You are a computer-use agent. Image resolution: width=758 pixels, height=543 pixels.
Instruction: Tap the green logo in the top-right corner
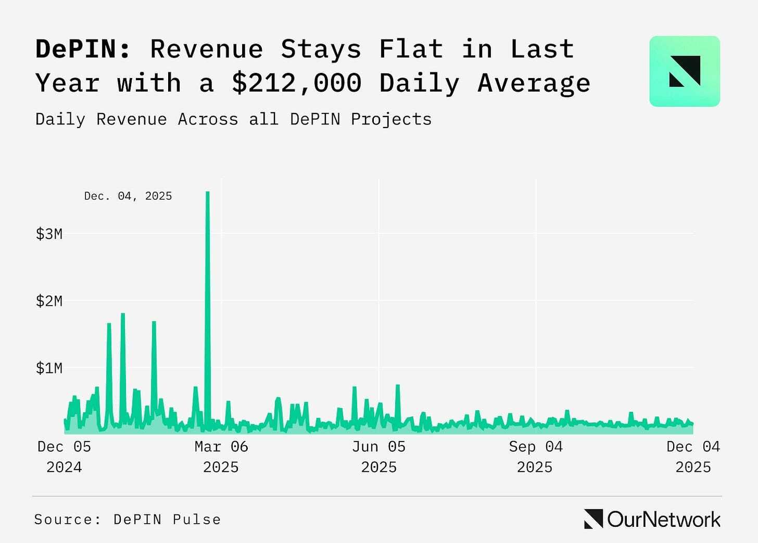tap(685, 71)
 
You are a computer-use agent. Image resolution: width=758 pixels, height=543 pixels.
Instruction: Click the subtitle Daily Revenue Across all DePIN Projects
tap(233, 119)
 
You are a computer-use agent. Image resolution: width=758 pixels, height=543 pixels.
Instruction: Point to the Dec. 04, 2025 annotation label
tap(128, 196)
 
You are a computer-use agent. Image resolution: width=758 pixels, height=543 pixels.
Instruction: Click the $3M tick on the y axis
tap(49, 234)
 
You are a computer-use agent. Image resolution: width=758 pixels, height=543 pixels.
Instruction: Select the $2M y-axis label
tap(49, 301)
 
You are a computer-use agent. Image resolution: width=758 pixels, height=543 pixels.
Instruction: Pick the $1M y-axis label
tap(49, 369)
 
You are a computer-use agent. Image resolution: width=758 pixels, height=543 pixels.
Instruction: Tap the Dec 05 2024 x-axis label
tap(64, 457)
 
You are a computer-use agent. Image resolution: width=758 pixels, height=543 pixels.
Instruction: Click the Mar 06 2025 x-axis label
tap(221, 457)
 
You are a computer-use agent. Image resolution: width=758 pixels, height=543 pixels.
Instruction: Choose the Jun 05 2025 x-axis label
tap(378, 457)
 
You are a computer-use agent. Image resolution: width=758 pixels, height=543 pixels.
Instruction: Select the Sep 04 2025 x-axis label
tap(536, 457)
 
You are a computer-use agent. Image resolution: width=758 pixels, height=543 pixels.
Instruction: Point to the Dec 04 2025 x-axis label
tap(693, 457)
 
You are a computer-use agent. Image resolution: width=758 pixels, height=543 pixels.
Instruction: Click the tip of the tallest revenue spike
tap(208, 193)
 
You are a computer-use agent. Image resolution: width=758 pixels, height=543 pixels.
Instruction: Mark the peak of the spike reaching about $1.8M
tap(123, 314)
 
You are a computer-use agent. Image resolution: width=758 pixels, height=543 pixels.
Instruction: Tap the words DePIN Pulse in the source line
tap(167, 520)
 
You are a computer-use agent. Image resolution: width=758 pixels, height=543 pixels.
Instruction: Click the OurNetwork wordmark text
tap(664, 520)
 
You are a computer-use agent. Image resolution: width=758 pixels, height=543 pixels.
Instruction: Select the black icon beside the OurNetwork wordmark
tap(593, 519)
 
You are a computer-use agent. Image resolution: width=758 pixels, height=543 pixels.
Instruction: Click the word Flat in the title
tap(411, 49)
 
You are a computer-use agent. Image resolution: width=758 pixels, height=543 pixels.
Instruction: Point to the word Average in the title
tap(534, 83)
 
